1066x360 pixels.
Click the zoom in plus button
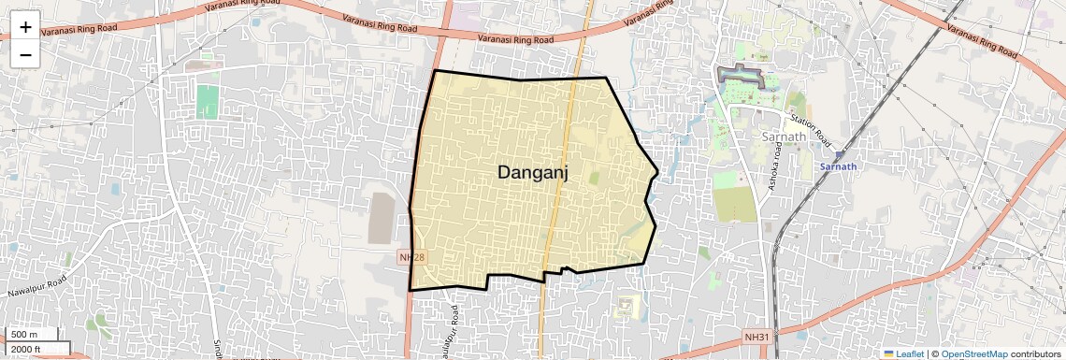pos(25,27)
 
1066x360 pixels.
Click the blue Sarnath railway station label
pos(838,166)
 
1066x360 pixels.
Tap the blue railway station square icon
pos(839,155)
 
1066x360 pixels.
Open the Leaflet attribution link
pos(903,353)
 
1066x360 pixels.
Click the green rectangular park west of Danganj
pos(207,101)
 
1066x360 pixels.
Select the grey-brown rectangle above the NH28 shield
pos(381,219)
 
